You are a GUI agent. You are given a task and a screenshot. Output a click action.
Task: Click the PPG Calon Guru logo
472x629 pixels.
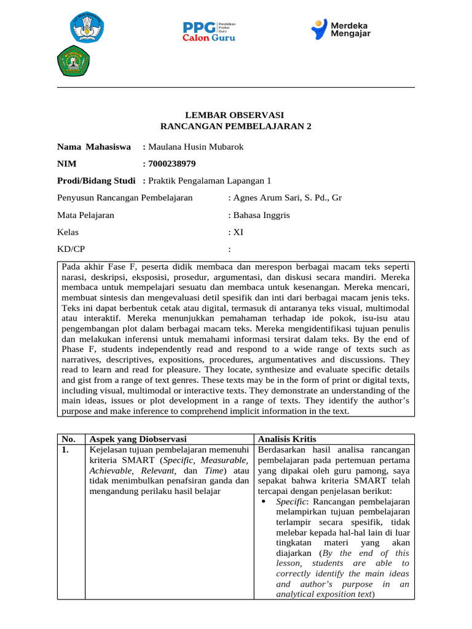[209, 30]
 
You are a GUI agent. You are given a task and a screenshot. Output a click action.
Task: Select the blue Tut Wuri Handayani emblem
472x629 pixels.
[87, 27]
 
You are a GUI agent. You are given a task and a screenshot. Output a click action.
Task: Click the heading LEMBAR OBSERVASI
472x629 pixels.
[235, 115]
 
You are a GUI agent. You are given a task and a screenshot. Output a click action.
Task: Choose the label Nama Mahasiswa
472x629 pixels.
[94, 147]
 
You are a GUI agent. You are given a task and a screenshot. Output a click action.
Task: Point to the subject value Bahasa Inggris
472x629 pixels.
[262, 215]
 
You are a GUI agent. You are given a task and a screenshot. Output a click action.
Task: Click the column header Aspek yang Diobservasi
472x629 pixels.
[138, 439]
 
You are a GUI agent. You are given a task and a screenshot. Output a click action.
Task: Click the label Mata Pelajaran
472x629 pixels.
[85, 215]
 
